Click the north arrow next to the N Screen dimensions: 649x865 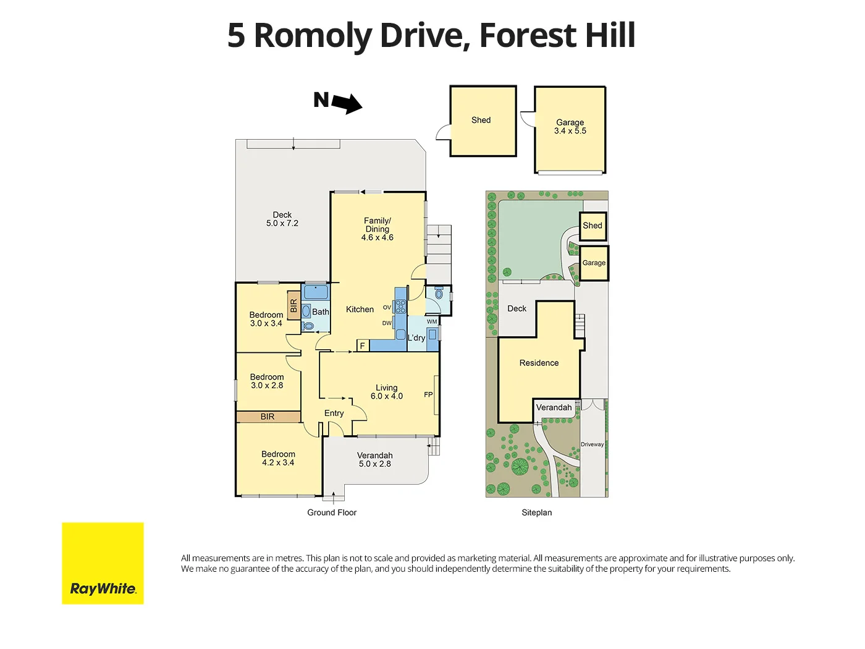coord(347,103)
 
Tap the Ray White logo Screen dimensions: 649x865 coord(103,563)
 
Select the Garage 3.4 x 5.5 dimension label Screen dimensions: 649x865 coord(570,127)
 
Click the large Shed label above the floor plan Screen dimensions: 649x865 coord(481,120)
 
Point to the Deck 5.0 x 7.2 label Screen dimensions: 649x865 coord(282,219)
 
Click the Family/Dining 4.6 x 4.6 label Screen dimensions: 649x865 coord(377,229)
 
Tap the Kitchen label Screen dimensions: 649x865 coord(360,309)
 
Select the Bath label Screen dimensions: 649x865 coord(320,312)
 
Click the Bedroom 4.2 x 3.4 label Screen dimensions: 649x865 coord(278,458)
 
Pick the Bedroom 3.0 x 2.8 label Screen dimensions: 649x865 coord(267,381)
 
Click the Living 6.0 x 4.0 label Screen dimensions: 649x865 coord(387,392)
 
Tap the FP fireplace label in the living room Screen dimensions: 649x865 coord(428,394)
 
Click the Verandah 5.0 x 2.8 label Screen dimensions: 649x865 coord(374,459)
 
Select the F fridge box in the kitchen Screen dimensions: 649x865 coord(363,346)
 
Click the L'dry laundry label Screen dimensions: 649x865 coord(416,337)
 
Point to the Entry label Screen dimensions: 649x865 coord(334,413)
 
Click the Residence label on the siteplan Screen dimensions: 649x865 coord(539,363)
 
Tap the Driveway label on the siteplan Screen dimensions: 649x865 coord(592,444)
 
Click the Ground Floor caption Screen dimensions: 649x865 coord(332,512)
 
